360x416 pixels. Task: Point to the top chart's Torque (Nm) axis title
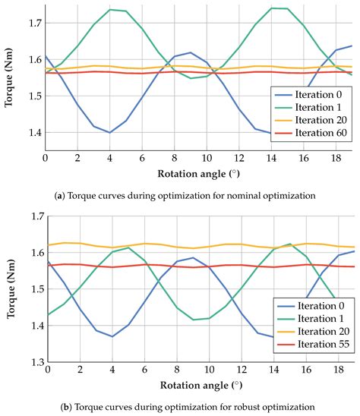tap(8, 79)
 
